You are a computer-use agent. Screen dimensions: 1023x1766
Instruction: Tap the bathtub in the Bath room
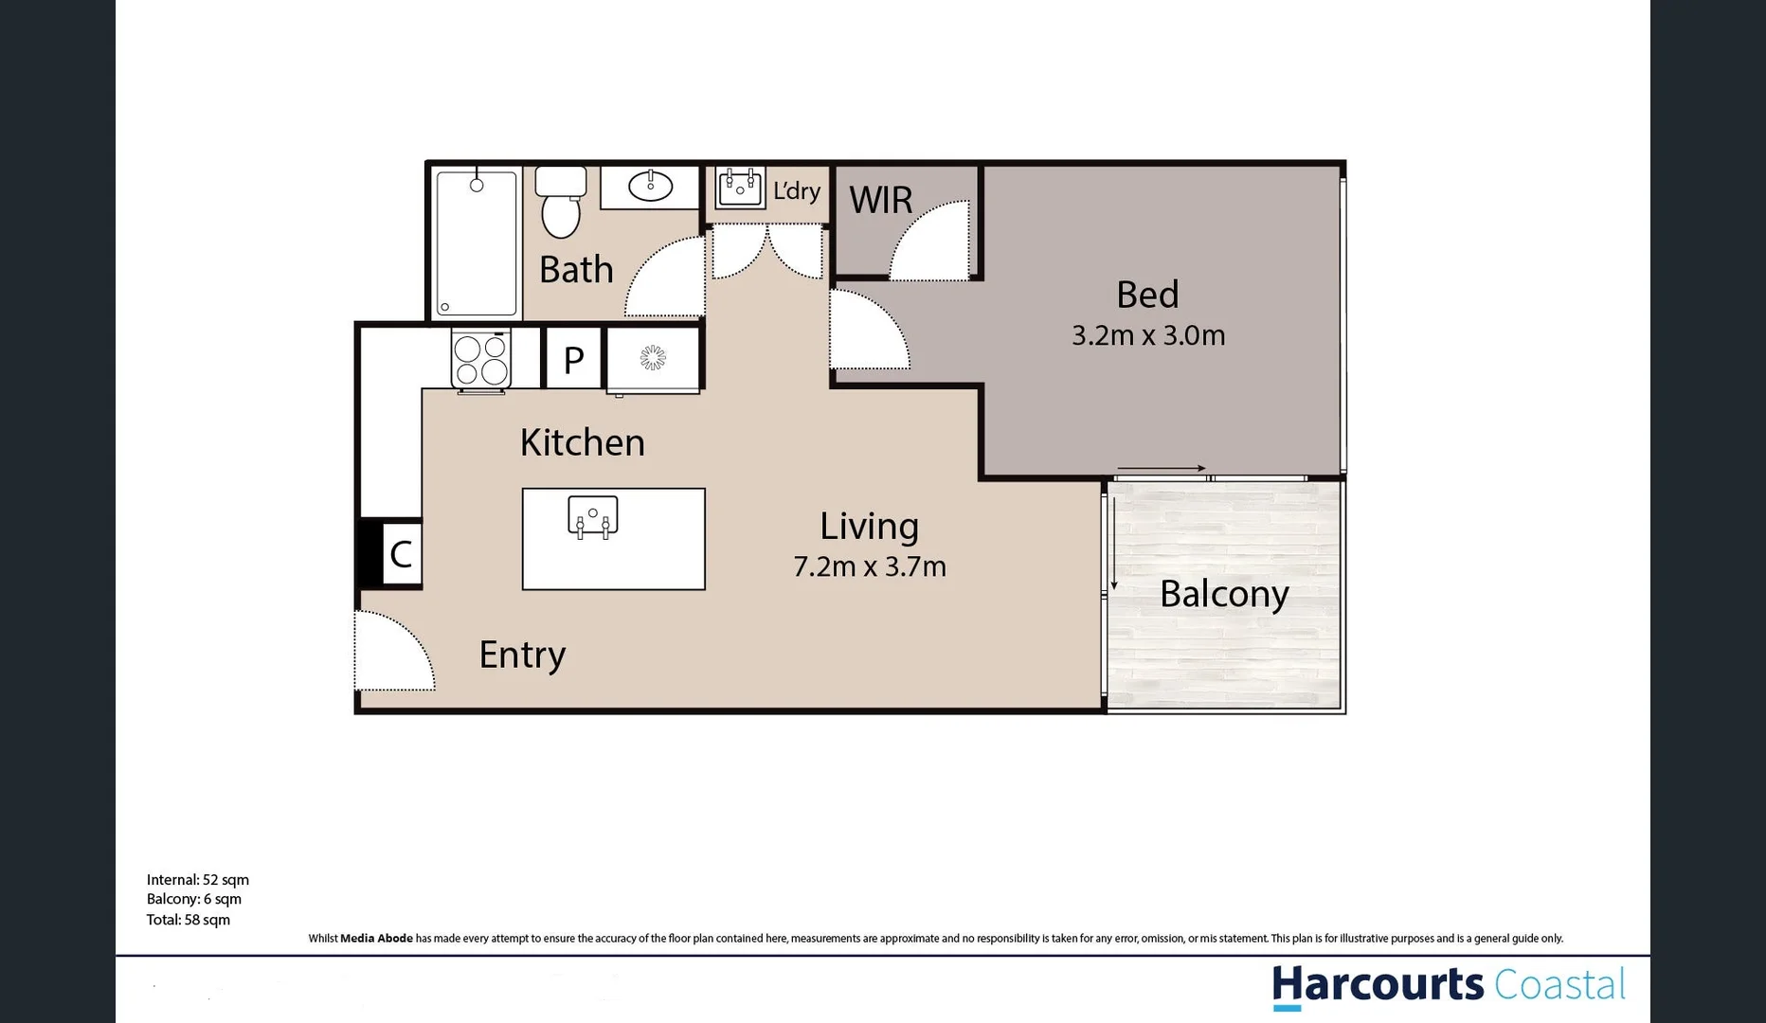point(476,243)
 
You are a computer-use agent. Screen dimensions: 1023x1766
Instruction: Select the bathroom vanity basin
point(651,186)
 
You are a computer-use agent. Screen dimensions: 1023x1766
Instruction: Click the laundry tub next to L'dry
point(740,187)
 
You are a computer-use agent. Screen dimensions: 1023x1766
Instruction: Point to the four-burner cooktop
point(481,360)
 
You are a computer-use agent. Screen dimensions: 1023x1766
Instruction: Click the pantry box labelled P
point(573,360)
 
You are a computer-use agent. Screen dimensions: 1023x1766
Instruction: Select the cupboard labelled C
point(400,554)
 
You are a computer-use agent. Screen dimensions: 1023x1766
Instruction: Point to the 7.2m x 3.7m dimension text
point(869,566)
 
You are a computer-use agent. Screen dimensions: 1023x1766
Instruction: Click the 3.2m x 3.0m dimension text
point(1147,335)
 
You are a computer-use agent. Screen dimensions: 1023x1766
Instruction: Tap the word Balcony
point(1223,594)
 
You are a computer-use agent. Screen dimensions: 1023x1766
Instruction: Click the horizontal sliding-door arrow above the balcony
point(1161,468)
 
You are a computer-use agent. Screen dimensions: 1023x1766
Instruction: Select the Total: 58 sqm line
point(188,920)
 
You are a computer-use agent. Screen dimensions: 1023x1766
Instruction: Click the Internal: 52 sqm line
point(197,880)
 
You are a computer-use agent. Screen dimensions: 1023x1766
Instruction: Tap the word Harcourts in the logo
point(1377,985)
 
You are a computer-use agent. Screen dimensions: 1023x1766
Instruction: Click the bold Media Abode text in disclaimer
point(376,939)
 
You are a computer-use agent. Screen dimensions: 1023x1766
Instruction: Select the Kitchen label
point(582,442)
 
